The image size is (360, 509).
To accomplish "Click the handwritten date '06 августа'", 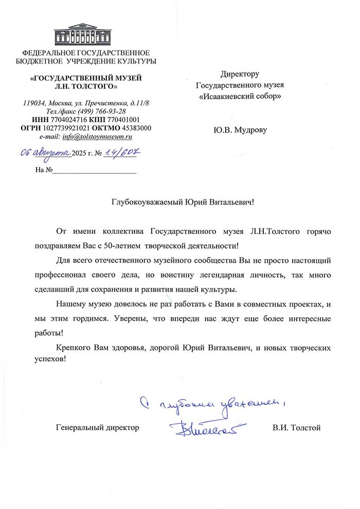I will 45,152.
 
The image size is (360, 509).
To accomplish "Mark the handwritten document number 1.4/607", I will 123,152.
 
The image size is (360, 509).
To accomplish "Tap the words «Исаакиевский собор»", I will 240,96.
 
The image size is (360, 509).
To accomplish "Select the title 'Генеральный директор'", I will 97,427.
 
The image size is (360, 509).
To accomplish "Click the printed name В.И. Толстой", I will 297,427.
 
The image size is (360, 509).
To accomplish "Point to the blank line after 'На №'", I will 95,170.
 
